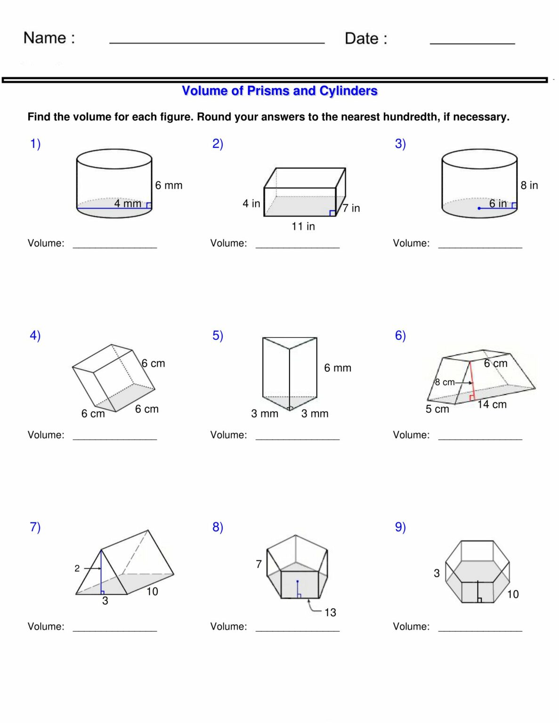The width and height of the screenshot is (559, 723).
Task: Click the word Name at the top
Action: [45, 38]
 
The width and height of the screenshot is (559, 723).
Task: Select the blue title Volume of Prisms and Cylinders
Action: [280, 90]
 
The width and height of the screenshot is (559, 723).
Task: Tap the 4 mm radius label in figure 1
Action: [128, 203]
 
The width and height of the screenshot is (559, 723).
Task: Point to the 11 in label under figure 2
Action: [303, 226]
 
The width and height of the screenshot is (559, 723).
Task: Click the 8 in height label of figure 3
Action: [529, 185]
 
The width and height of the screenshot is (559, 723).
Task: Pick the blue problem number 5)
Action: [218, 336]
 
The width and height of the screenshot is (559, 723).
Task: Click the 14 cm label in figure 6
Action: [492, 404]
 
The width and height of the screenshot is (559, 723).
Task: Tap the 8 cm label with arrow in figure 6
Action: [445, 382]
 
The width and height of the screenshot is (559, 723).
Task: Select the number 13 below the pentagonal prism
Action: [330, 612]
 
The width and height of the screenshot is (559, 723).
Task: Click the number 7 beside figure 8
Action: [259, 564]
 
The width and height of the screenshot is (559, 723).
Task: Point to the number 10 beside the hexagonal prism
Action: [513, 594]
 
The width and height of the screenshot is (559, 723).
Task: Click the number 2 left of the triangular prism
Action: [77, 569]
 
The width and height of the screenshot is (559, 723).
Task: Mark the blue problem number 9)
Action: [400, 527]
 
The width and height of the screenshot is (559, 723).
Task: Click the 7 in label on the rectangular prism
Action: [351, 208]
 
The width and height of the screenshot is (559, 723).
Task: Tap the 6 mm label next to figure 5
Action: [338, 368]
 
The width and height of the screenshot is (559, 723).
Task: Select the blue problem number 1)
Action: [35, 144]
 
